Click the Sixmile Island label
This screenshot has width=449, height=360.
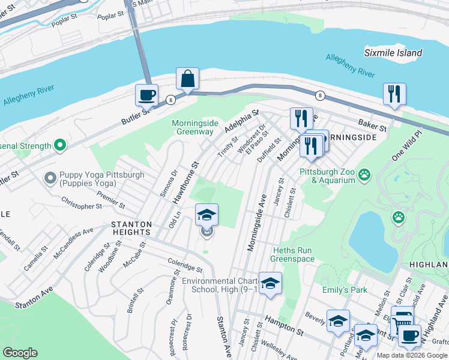(393, 53)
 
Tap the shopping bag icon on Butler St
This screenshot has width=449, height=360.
(187, 79)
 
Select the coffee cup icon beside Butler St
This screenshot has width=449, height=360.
(146, 95)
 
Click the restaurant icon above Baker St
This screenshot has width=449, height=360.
(394, 94)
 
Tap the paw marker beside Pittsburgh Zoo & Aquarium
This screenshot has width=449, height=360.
(364, 175)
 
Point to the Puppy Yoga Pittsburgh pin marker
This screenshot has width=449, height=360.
(50, 178)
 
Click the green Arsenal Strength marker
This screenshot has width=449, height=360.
(59, 145)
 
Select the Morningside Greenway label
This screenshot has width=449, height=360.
(193, 127)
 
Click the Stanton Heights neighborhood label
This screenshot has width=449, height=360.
(130, 227)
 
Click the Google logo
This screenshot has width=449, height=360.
(20, 352)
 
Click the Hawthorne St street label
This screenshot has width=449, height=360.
(186, 181)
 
